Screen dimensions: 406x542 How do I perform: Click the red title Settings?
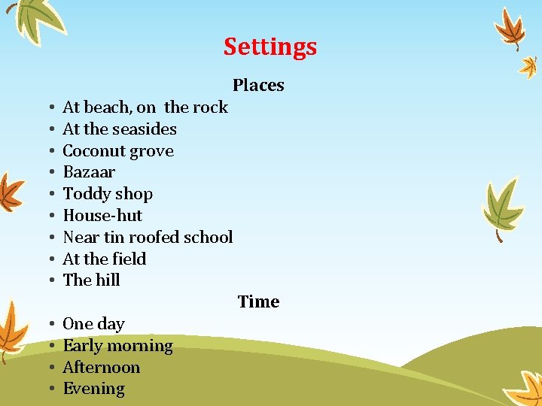(x=269, y=47)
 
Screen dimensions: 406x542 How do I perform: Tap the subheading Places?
(x=258, y=86)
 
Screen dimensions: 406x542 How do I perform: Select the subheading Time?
(x=258, y=302)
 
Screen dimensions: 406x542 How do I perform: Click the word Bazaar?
(x=89, y=172)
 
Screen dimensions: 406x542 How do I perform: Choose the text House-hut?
(x=102, y=216)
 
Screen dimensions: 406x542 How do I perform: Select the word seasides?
(x=144, y=129)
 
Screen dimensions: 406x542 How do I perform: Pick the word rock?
(x=210, y=108)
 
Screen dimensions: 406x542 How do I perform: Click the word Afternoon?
(x=101, y=368)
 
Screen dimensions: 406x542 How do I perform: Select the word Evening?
(x=93, y=389)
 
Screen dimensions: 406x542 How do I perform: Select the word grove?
(x=152, y=151)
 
